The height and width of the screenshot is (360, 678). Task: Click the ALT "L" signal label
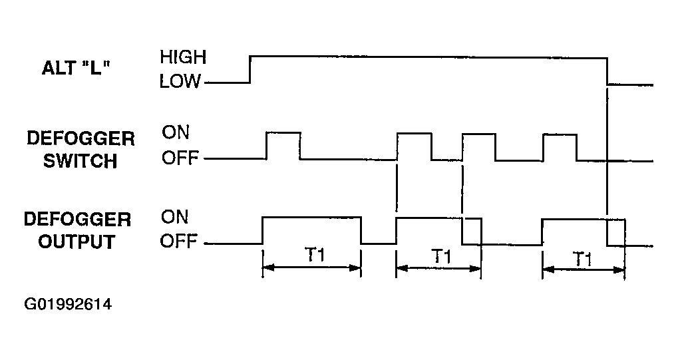pyautogui.click(x=76, y=68)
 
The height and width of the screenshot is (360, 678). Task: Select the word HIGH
pyautogui.click(x=183, y=57)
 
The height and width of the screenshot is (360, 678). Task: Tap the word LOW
pyautogui.click(x=180, y=81)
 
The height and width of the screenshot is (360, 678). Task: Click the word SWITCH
pyautogui.click(x=81, y=161)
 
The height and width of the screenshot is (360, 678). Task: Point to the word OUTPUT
pyautogui.click(x=77, y=242)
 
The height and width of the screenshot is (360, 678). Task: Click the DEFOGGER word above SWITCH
pyautogui.click(x=81, y=139)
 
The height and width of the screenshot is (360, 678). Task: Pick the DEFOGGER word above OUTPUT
pyautogui.click(x=77, y=220)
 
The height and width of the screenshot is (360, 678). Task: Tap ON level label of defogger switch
pyautogui.click(x=176, y=132)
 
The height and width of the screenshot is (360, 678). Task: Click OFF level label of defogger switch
pyautogui.click(x=180, y=158)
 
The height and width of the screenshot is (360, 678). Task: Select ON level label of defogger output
pyautogui.click(x=175, y=217)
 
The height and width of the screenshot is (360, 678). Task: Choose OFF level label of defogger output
pyautogui.click(x=178, y=241)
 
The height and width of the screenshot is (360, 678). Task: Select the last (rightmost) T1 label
pyautogui.click(x=582, y=259)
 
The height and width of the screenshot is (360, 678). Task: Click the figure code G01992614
pyautogui.click(x=68, y=304)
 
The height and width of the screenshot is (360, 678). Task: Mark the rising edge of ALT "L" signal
pyautogui.click(x=250, y=69)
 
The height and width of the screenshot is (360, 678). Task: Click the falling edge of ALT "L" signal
pyautogui.click(x=607, y=71)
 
